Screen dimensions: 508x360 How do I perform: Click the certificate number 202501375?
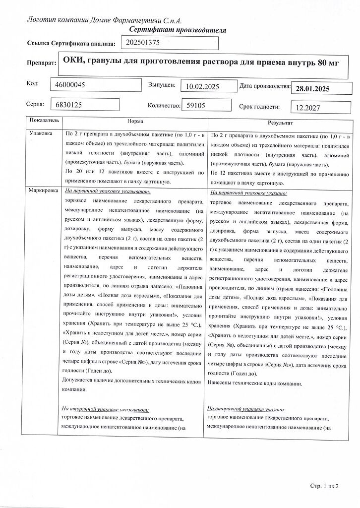point(143,43)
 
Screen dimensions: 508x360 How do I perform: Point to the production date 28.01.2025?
point(312,89)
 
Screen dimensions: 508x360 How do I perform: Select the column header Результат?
point(281,122)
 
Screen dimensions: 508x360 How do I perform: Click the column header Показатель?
point(44,121)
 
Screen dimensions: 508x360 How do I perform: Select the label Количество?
point(162,106)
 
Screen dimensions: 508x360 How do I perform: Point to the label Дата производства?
point(264,86)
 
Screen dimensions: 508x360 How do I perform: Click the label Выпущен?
point(162,85)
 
